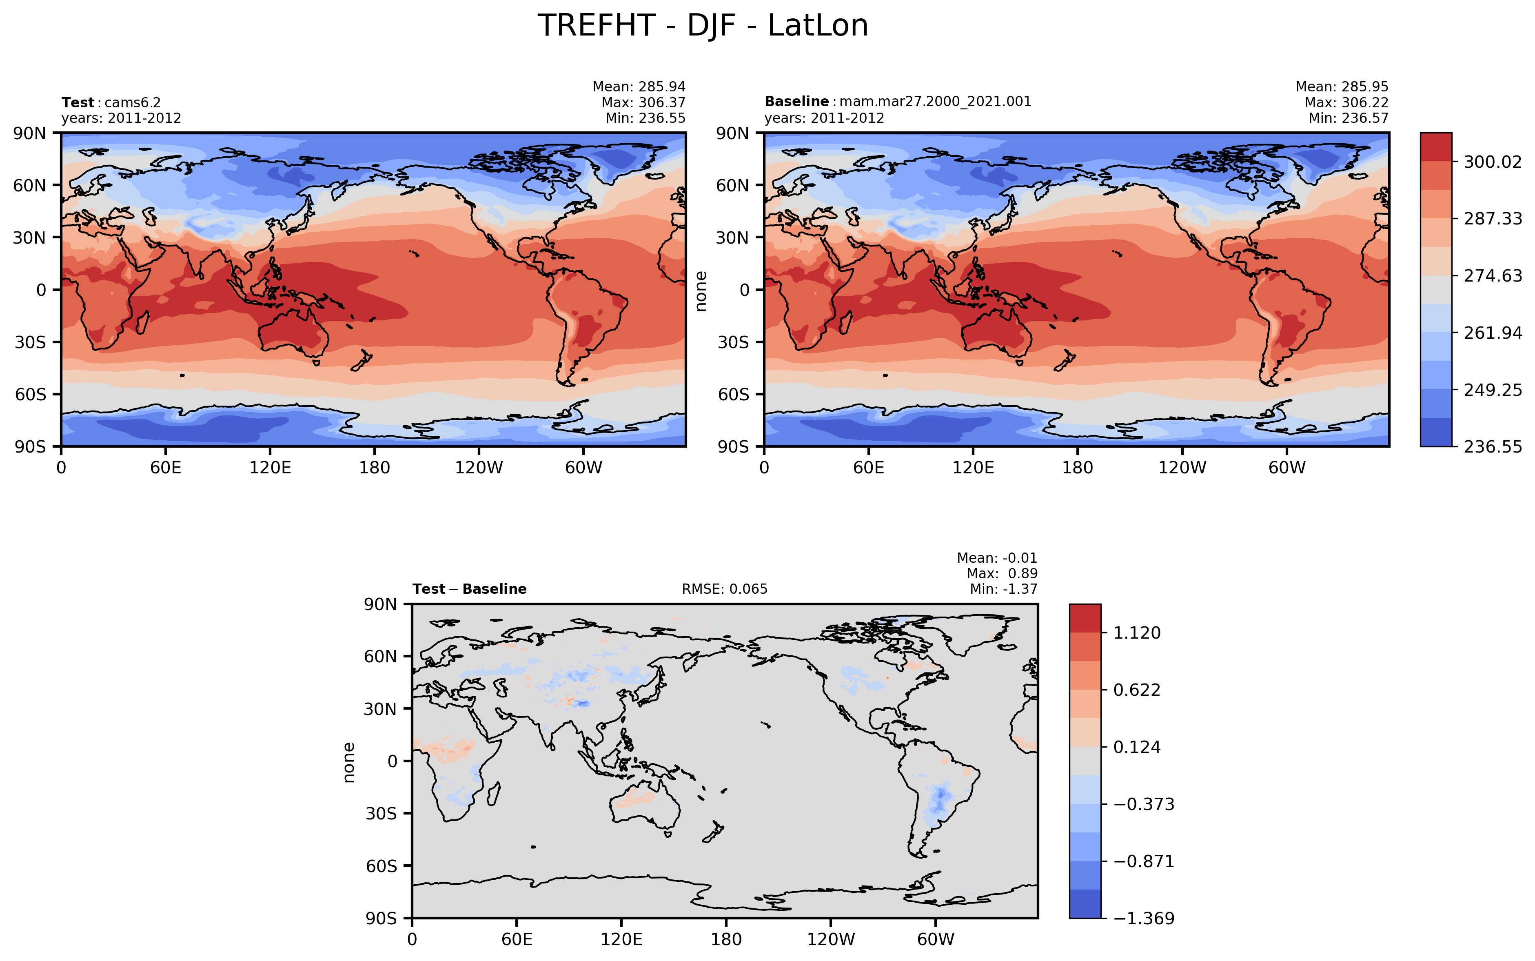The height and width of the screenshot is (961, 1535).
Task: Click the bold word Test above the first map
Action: point(78,102)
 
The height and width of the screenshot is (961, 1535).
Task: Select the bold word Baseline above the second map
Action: point(796,102)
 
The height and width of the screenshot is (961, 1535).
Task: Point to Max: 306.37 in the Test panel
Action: point(643,102)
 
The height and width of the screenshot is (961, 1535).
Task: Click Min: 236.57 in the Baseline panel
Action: point(1348,118)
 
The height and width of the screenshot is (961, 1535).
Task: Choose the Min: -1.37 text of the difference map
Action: point(1003,589)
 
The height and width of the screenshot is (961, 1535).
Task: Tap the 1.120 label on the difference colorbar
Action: point(1137,633)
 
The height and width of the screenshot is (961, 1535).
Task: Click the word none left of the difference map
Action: point(348,762)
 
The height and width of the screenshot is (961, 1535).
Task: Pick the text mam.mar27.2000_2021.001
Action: point(935,102)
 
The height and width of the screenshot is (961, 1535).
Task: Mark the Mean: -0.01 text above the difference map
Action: point(996,558)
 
